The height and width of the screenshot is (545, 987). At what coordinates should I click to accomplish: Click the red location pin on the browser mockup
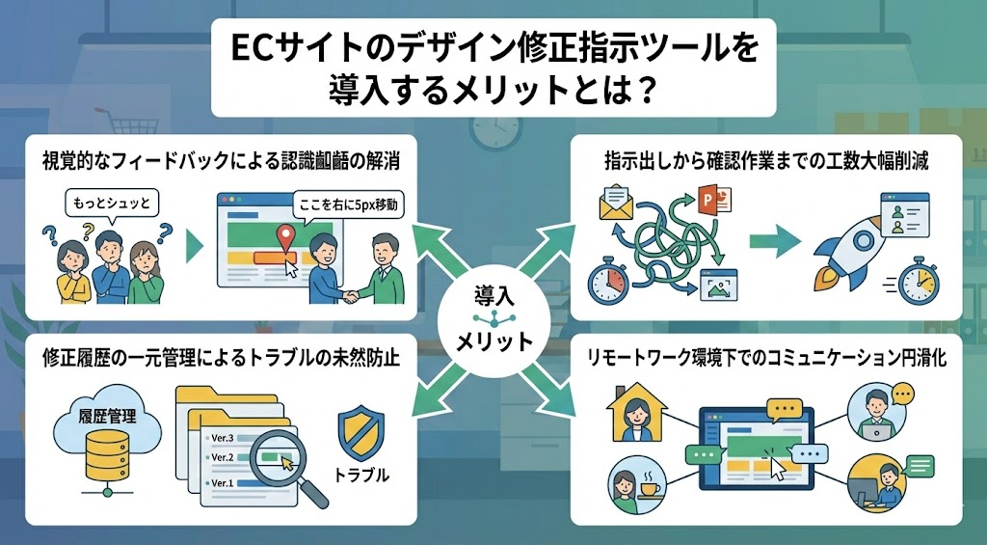click(284, 237)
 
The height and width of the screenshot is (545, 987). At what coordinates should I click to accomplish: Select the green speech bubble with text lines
click(921, 466)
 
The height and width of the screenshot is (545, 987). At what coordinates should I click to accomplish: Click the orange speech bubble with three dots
click(903, 394)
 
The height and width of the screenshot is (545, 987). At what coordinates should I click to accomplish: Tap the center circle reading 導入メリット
click(493, 318)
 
